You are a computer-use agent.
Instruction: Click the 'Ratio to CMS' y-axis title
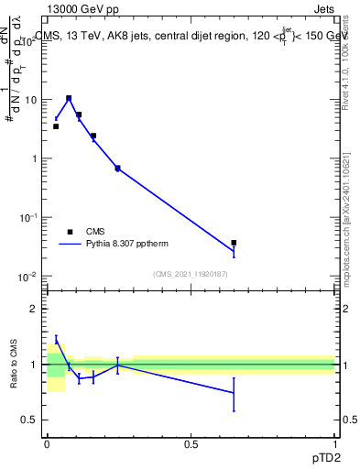pos(16,365)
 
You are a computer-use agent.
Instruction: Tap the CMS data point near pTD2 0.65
pos(234,243)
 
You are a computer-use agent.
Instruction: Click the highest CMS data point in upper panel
pos(69,98)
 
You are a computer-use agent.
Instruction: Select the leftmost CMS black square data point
pos(56,126)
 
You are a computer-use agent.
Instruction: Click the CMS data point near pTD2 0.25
pos(117,169)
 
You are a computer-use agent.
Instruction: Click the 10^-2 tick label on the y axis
pos(27,277)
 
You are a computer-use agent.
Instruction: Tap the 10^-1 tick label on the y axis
pos(27,217)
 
